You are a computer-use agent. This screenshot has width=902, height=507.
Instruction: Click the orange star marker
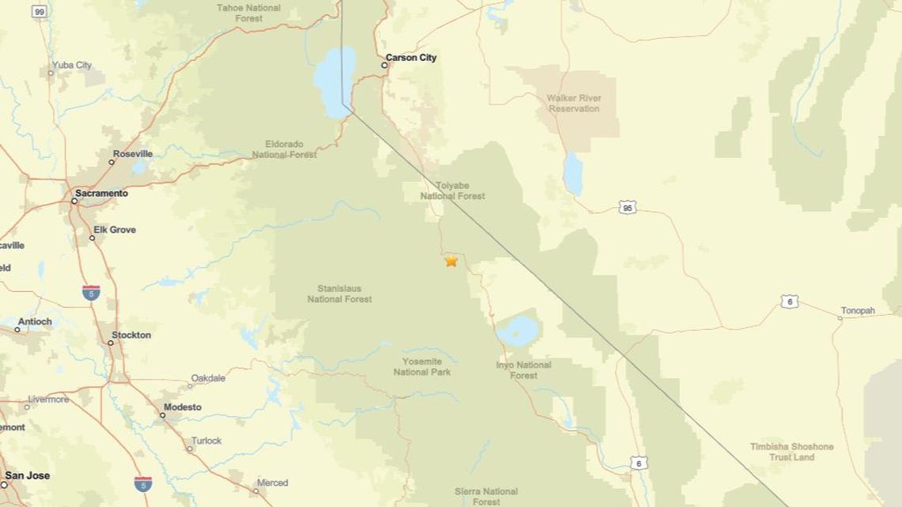tap(451, 260)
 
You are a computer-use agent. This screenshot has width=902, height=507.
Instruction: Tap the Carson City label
tap(411, 58)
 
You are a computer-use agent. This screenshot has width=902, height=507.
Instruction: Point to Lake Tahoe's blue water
tap(335, 79)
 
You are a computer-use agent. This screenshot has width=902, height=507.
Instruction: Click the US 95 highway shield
tap(627, 207)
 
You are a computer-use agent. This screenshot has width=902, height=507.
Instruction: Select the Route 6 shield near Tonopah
tap(789, 301)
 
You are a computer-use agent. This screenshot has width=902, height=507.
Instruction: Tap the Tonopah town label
tap(858, 311)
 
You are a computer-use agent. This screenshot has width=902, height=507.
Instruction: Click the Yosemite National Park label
tap(422, 367)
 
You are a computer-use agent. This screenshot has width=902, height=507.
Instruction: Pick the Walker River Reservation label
tap(574, 104)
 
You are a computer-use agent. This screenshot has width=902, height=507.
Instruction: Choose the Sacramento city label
tap(101, 193)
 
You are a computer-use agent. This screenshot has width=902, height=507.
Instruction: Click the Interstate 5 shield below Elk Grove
tap(91, 293)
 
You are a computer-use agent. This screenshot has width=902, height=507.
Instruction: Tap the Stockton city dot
tap(110, 342)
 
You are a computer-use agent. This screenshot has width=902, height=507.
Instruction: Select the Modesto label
tap(182, 407)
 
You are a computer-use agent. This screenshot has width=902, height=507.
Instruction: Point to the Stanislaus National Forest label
tap(339, 293)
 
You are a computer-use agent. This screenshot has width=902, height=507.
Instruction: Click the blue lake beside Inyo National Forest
tap(519, 331)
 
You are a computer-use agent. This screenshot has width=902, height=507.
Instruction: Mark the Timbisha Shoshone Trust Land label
tap(791, 452)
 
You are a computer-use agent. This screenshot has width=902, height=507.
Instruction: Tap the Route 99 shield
tap(39, 11)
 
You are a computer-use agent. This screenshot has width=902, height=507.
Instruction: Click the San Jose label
tap(27, 475)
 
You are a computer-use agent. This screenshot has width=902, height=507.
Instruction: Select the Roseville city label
tap(132, 153)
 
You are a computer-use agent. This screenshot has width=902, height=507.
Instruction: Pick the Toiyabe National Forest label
tap(453, 191)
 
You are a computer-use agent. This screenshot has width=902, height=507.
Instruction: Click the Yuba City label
tap(72, 65)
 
